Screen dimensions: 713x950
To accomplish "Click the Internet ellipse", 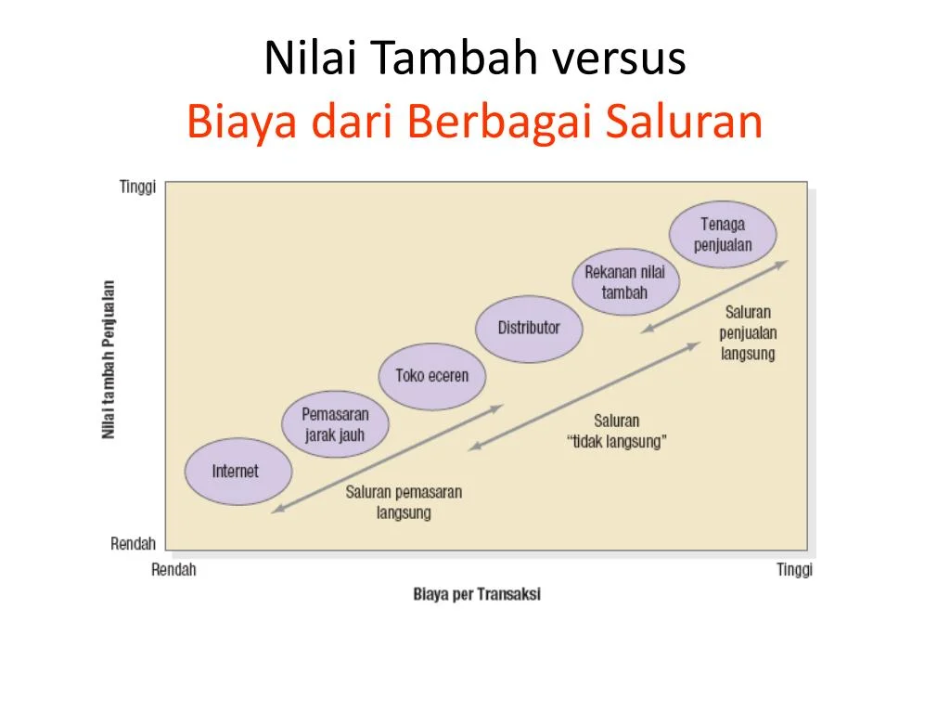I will click(237, 471).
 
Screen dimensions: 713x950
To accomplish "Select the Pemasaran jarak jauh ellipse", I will click(335, 424).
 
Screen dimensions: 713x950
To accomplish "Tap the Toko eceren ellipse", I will click(432, 376).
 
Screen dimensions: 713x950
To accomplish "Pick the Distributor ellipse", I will click(529, 328).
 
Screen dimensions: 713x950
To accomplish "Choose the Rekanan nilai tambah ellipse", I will click(624, 282).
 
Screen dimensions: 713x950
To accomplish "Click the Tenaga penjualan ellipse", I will click(723, 235).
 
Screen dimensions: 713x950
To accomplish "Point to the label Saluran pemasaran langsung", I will click(404, 502).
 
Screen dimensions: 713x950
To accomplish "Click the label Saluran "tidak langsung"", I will click(616, 432).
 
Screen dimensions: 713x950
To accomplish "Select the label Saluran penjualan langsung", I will click(748, 332).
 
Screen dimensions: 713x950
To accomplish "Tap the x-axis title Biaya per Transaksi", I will click(477, 594).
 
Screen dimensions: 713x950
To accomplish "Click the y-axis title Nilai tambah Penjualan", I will click(109, 359).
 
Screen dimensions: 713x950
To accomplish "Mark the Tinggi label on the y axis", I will click(137, 187).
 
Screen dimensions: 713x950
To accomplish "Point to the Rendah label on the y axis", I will click(133, 544).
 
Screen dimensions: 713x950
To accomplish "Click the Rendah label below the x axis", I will click(173, 570).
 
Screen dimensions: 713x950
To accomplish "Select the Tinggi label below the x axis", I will click(794, 570).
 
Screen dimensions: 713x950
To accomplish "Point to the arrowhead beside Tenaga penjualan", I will click(784, 263).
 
